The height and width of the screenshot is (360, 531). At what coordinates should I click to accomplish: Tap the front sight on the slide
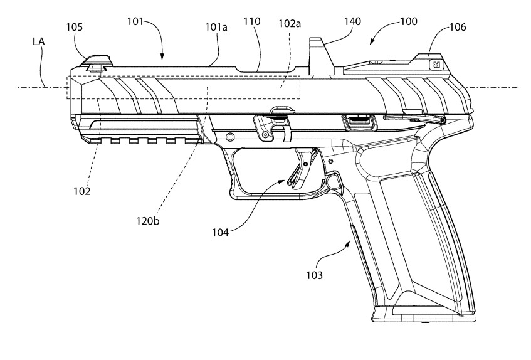coord(97,61)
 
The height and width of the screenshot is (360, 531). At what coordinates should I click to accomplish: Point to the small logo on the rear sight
coord(434,63)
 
